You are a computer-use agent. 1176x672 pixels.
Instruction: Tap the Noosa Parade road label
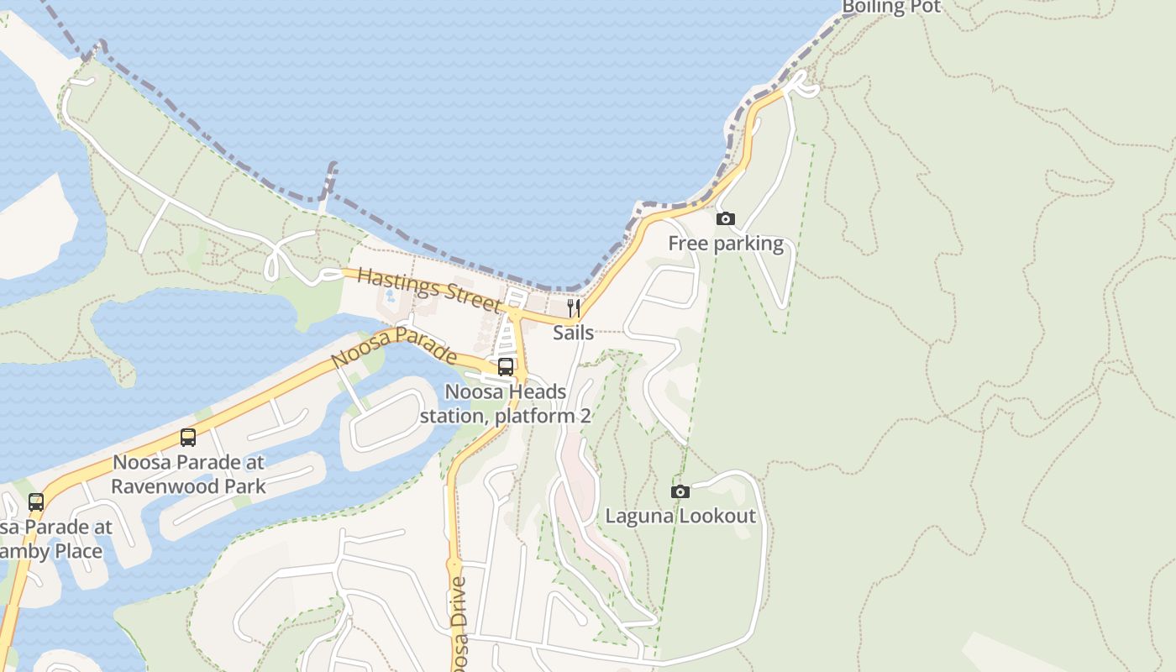(x=394, y=347)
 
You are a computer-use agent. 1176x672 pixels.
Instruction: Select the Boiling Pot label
(x=891, y=8)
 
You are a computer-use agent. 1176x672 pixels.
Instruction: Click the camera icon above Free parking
(x=725, y=219)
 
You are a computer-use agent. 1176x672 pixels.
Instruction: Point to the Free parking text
(x=726, y=244)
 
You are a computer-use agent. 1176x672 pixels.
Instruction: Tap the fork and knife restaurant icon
(x=574, y=307)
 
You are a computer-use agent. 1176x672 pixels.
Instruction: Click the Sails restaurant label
(x=574, y=333)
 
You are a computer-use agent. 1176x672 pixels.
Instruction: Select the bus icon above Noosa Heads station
(x=506, y=366)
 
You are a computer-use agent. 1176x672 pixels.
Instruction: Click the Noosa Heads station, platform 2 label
(x=506, y=403)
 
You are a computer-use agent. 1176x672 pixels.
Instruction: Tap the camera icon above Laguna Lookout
(x=680, y=491)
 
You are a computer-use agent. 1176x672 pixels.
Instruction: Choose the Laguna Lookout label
(x=680, y=516)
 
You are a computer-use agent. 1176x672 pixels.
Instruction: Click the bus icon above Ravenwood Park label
(x=188, y=438)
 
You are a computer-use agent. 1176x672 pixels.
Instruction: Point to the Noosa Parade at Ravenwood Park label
(x=188, y=474)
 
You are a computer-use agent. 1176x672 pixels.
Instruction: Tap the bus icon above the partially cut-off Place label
(x=36, y=502)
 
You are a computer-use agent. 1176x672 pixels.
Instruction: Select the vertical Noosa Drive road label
(x=459, y=622)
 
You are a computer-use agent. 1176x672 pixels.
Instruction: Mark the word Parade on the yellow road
(x=426, y=342)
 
